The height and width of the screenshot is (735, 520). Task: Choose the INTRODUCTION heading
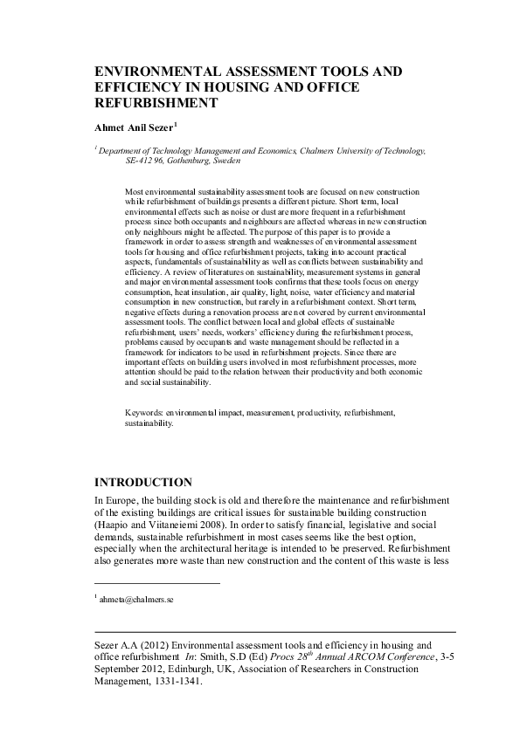[143, 482]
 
